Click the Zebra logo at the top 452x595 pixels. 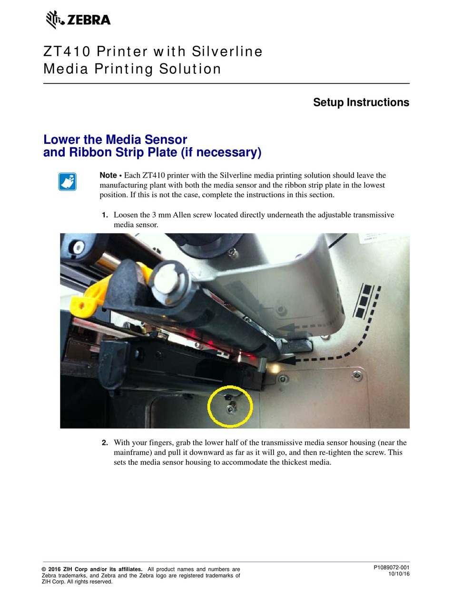pos(78,20)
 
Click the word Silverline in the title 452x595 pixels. pos(227,51)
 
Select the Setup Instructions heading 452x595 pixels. pos(361,102)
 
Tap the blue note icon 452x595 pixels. pos(68,182)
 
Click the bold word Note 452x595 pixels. pos(108,175)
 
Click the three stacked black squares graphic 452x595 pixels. pos(365,301)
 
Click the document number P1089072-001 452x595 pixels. pos(391,567)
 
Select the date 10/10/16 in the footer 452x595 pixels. pos(399,574)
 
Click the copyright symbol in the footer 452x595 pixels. pos(44,569)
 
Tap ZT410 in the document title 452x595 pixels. pos(67,51)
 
